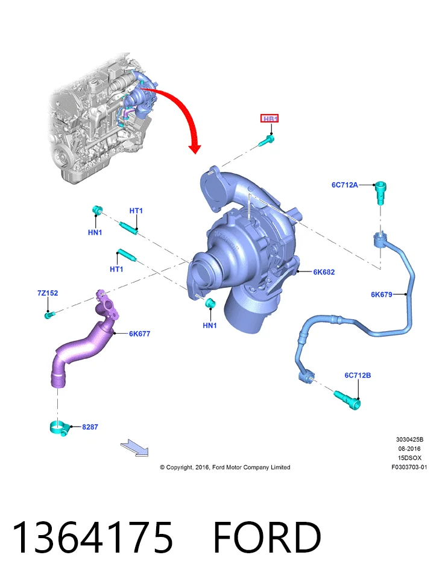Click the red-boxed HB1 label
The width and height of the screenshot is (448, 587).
click(270, 119)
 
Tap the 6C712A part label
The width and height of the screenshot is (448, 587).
click(345, 185)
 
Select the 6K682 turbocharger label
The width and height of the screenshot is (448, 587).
click(324, 272)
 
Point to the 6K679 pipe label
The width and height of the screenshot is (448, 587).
click(382, 294)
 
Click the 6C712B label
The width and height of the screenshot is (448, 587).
click(358, 375)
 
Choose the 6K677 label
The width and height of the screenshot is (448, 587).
click(140, 334)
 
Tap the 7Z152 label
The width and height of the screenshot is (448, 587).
click(48, 293)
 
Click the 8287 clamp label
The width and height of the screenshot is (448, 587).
click(90, 427)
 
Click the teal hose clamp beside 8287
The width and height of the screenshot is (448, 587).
click(59, 428)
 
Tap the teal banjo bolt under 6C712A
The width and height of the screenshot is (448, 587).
click(380, 192)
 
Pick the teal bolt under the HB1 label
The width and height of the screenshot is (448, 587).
click(267, 141)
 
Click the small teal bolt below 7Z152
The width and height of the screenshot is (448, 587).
click(49, 315)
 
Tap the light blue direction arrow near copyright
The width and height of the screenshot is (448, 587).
click(134, 448)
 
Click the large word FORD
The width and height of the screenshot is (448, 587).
click(267, 537)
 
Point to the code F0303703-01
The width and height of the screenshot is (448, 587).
click(409, 467)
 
